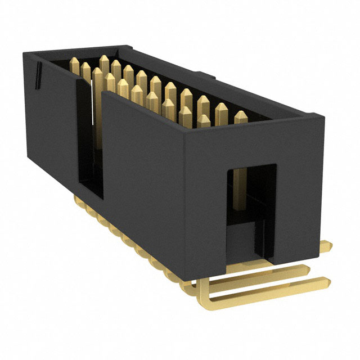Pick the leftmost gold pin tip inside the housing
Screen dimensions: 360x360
73,63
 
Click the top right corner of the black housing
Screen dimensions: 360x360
323,116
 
